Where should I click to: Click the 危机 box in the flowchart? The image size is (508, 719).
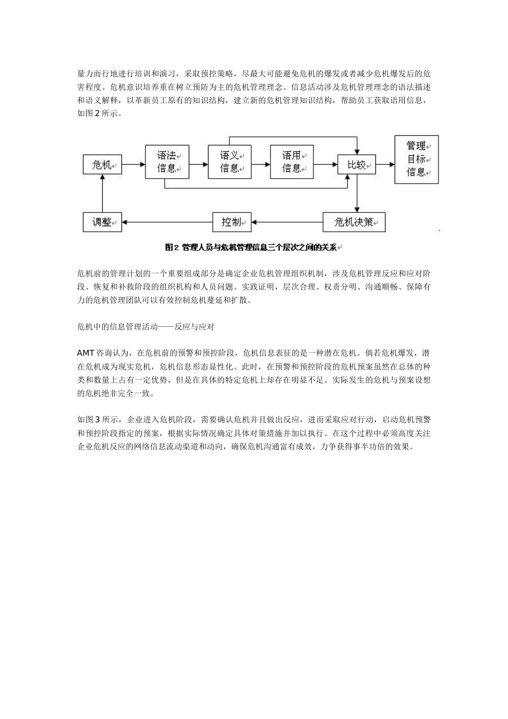click(102, 165)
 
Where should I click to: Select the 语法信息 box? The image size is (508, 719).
click(167, 162)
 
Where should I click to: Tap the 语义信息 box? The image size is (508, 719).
click(229, 162)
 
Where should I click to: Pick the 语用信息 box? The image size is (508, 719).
click(291, 162)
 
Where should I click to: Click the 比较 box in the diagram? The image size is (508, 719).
click(356, 165)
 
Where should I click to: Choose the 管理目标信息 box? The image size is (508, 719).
click(416, 159)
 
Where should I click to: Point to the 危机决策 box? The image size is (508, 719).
click(353, 222)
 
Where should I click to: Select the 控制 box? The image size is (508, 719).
click(232, 222)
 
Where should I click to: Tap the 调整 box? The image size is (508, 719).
click(102, 222)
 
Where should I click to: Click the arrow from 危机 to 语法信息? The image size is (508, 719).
click(133, 165)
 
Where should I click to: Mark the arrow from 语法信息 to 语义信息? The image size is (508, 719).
click(198, 165)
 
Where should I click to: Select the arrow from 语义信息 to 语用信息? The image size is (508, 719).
click(260, 165)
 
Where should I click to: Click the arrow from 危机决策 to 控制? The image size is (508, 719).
click(287, 222)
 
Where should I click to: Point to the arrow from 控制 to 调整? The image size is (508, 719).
click(167, 222)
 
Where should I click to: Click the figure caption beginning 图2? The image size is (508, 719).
click(253, 247)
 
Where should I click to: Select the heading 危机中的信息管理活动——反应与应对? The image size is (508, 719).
click(145, 326)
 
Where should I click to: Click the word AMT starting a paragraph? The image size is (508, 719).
click(86, 353)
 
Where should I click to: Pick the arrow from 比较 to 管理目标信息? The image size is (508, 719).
click(385, 165)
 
